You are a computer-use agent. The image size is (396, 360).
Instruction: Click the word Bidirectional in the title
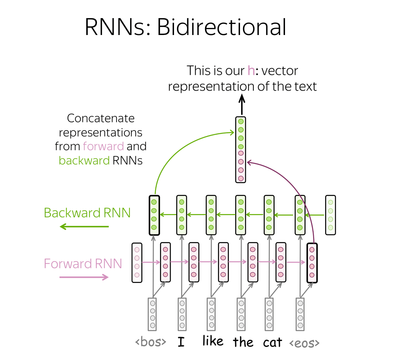point(222,27)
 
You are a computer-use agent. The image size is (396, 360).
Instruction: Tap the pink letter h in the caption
point(251,70)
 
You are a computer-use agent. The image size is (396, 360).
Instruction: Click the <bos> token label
point(151,342)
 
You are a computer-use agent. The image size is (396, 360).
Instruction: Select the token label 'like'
point(213,341)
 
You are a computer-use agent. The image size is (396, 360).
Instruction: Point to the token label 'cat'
point(272,343)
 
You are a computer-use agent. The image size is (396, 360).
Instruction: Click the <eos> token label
point(304,343)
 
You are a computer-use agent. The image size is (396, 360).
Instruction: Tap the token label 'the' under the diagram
point(243,342)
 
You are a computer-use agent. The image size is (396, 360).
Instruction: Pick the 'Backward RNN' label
point(87,213)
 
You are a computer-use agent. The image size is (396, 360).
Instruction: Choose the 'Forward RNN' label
point(83,263)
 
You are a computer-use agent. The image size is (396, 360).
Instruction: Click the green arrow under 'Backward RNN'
point(84,227)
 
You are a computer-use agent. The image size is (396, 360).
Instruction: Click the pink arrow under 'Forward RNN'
point(84,277)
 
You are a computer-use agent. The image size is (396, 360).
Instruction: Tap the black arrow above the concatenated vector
point(242,105)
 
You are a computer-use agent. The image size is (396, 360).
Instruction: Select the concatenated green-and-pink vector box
point(241,150)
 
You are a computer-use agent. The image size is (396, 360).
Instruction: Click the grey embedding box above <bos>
point(152,314)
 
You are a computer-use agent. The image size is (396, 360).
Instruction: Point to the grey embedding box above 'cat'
point(269,314)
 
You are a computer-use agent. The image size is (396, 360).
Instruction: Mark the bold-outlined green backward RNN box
point(154,215)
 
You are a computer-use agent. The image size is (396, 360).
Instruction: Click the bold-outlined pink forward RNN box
point(312,263)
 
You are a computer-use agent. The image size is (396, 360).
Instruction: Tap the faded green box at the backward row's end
point(330,215)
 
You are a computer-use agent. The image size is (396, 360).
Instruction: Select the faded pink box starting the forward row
point(137,263)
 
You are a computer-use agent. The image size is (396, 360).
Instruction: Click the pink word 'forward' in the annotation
point(103,146)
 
